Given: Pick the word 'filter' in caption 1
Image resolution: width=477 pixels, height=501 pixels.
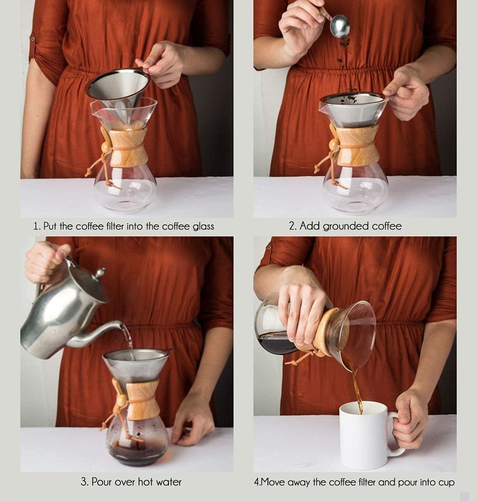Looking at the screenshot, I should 131,226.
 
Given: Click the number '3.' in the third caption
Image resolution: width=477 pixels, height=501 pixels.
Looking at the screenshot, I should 84,482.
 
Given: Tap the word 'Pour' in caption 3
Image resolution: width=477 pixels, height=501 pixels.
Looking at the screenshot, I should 102,482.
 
